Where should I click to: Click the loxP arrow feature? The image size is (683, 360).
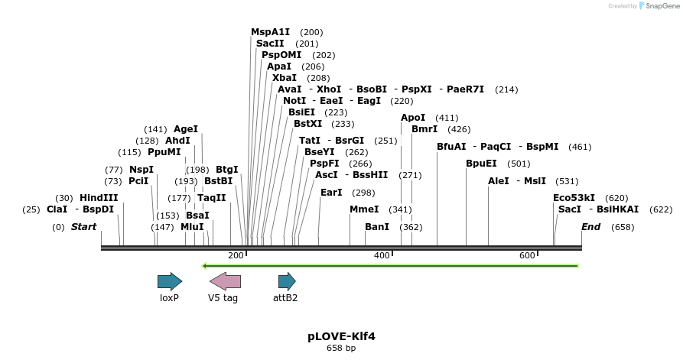coord(169,281)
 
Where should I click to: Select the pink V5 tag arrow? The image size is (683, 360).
coord(225,281)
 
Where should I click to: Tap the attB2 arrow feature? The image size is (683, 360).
coord(286,281)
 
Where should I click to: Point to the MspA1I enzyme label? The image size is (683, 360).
coord(271,32)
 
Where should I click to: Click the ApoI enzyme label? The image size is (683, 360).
coord(413,118)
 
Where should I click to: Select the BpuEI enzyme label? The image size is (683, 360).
coord(481,164)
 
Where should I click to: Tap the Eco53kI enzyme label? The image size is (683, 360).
coord(574,198)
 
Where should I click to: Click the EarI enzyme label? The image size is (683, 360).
coord(331,193)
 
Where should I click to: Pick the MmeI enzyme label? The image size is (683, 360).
coord(364,209)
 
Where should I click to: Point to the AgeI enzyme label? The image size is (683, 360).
coord(186,129)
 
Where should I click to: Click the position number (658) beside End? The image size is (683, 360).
coord(623,227)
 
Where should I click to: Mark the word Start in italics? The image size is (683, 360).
coord(83,227)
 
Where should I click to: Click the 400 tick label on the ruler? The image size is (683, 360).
coord(381,255)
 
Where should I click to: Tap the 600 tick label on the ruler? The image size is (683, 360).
coord(527,255)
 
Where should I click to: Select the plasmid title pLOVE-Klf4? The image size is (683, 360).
coord(341,336)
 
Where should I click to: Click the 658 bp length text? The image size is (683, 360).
coord(341,349)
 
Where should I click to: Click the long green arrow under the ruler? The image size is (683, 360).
coord(390,266)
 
